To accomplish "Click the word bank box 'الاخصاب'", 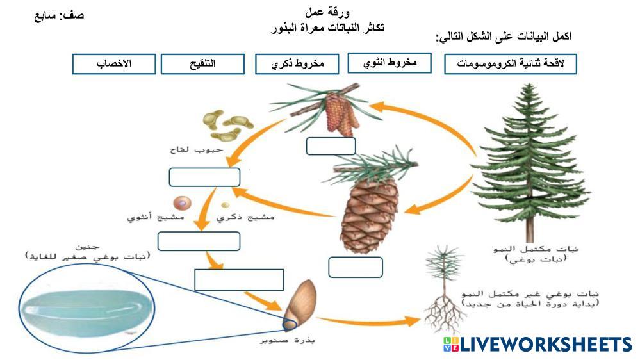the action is coord(114,64).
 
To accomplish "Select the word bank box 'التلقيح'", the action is coord(202,64).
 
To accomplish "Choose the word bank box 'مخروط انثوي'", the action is coord(390,63).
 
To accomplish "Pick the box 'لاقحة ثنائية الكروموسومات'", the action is coord(511,64).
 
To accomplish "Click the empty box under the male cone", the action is coord(331,146).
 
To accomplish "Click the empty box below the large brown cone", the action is coord(355,267).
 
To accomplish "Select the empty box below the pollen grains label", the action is coord(204,177).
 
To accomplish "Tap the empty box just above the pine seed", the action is coord(238,280).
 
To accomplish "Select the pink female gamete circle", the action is coord(183,202).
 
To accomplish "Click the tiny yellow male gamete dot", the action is coord(226,206).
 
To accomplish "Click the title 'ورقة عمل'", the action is coord(328,12).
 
